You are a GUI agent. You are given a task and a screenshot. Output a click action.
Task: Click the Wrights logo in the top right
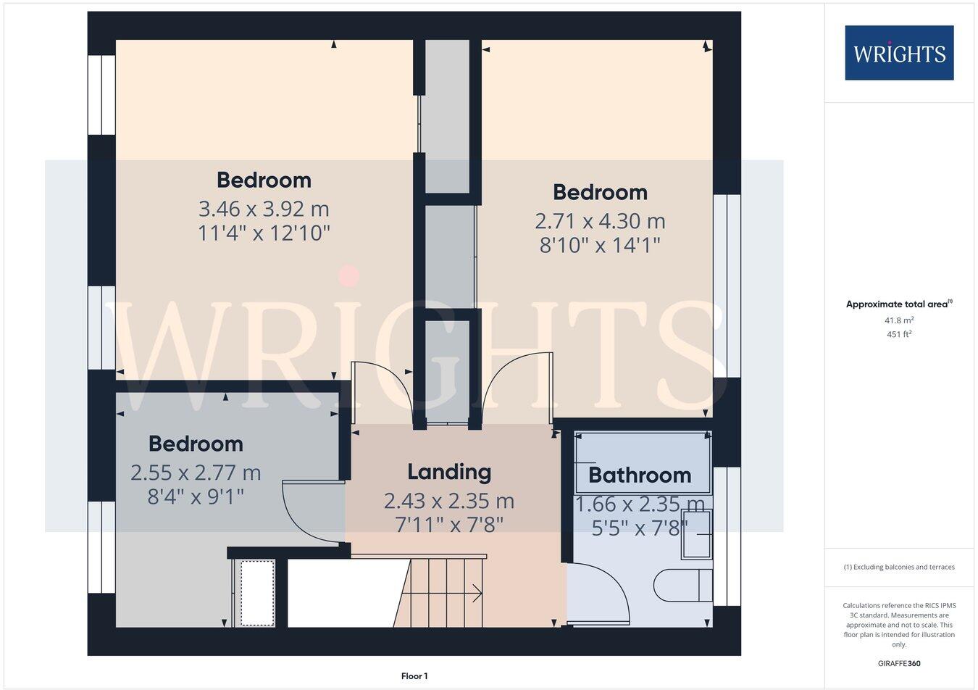899,53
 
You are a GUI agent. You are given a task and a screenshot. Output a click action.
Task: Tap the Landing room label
449,472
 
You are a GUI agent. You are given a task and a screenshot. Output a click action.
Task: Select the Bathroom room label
640,475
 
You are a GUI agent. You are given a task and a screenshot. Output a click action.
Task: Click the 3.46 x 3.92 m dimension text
264,209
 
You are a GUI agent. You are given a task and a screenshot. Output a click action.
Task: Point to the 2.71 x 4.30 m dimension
600,221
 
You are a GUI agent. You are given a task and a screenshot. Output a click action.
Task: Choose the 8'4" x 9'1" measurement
196,497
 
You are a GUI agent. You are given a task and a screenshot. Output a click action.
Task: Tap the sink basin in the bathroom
697,534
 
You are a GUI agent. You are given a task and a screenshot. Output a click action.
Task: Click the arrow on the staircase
476,594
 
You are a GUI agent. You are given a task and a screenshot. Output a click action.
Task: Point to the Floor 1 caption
414,676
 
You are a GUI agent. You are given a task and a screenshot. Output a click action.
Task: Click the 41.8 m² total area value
899,320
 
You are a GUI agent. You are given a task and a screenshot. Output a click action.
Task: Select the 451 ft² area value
899,334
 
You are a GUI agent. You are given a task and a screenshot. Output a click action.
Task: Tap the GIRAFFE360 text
899,663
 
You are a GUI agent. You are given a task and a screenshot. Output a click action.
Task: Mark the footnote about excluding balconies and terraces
899,567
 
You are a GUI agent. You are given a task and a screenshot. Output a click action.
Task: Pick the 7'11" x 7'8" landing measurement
449,525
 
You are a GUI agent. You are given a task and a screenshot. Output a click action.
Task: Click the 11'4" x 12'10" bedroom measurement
264,233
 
